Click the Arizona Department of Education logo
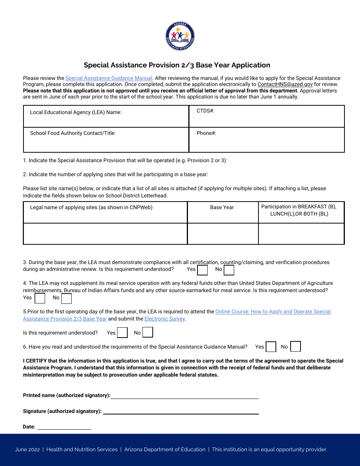180,36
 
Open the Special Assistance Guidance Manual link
109,78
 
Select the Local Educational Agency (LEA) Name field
106,116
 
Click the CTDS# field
267,116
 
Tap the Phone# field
267,140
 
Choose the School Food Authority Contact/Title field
106,140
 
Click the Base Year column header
222,208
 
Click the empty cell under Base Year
223,234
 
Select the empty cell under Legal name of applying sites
105,234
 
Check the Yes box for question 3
203,270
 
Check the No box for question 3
229,270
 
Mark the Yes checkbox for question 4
40,298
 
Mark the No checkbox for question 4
67,299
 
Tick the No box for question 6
296,347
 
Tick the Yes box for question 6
271,347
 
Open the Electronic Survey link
164,319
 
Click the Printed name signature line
185,396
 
